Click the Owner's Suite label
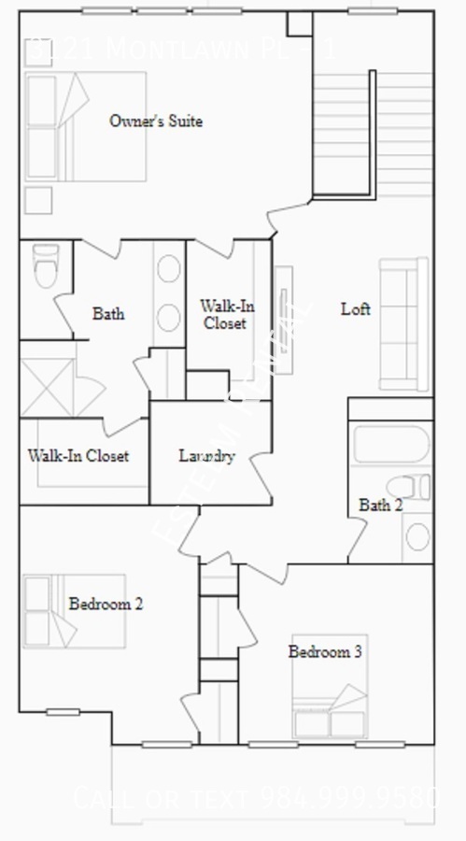click(156, 121)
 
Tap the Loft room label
click(355, 309)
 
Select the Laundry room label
click(205, 457)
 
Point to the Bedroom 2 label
click(106, 604)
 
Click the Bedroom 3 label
click(324, 651)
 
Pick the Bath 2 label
click(381, 506)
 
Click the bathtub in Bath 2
click(390, 444)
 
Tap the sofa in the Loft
click(403, 324)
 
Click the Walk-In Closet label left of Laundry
click(78, 457)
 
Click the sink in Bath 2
click(417, 536)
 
